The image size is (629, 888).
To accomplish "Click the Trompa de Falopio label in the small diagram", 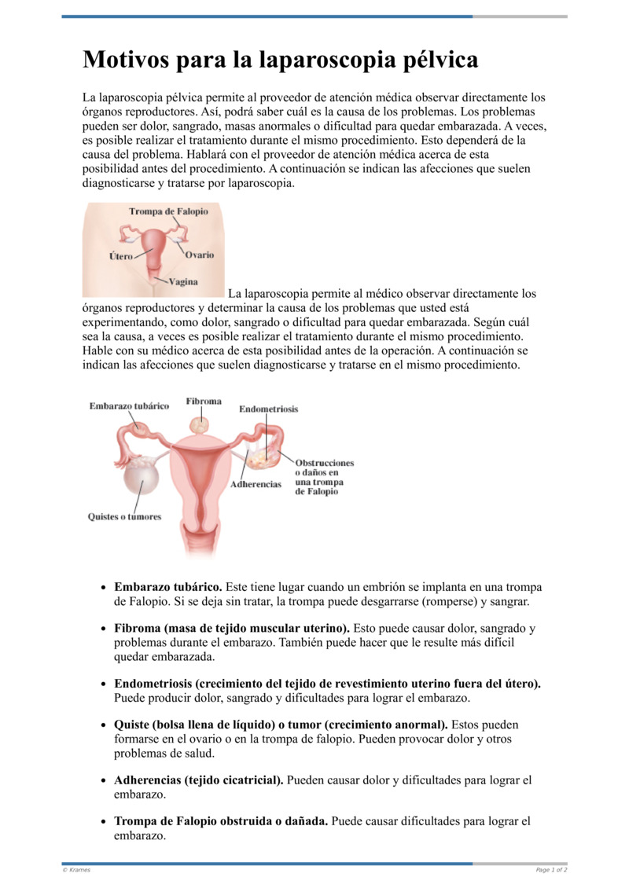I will [x=168, y=211].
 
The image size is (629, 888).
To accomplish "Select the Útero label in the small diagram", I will [x=120, y=256].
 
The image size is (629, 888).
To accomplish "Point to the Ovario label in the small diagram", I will [x=199, y=255].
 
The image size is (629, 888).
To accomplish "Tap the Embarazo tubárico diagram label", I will [x=129, y=405].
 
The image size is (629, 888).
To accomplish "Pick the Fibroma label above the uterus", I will [x=204, y=402].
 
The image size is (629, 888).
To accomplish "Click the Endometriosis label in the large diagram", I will [x=268, y=409].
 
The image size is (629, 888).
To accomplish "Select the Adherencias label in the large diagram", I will [x=256, y=484].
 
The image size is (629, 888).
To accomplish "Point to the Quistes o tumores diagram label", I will [x=124, y=516].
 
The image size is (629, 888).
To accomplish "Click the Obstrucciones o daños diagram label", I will [x=324, y=477].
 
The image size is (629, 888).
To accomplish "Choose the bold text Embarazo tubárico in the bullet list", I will [x=168, y=587].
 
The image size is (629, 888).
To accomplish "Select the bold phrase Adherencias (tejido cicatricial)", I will [x=198, y=780].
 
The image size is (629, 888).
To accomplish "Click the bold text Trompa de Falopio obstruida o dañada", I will [x=221, y=821].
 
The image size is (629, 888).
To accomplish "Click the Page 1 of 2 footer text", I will [x=551, y=869].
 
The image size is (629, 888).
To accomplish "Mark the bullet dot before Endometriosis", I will [x=105, y=684].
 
